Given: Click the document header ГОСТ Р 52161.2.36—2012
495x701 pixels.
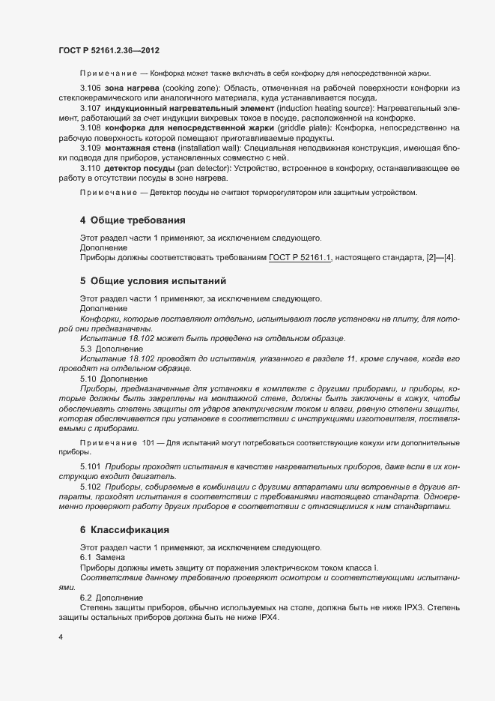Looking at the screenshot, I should click(x=109, y=50).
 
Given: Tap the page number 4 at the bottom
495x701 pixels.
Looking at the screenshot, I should click(x=61, y=637).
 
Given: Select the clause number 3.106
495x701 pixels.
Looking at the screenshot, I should click(x=91, y=89).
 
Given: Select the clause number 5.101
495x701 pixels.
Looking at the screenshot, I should click(x=91, y=466).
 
